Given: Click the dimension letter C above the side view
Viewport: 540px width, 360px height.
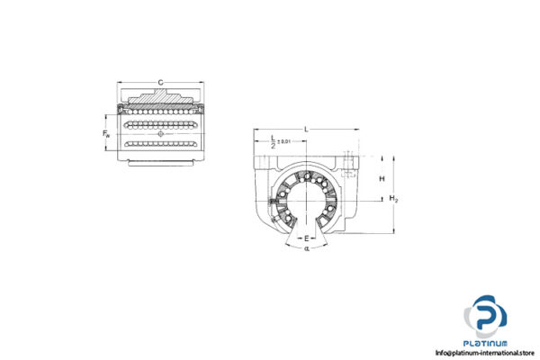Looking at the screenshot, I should pos(161,83).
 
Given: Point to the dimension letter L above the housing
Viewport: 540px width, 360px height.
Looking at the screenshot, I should pos(306,130).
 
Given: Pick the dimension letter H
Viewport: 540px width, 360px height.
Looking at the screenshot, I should pos(382,179).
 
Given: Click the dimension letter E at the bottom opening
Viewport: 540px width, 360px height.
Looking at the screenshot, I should pos(306,238).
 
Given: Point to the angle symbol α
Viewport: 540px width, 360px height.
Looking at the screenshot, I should pos(306,248).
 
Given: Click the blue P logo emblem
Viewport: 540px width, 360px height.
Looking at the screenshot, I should pos(486,319).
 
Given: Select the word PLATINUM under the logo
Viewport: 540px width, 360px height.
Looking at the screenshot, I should pos(486,343).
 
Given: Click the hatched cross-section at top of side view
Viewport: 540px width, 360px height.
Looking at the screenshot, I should pos(161,97).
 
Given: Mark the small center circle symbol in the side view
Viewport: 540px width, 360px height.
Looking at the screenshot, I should pos(161,133).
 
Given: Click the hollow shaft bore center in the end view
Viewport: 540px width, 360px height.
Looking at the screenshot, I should pos(306,196).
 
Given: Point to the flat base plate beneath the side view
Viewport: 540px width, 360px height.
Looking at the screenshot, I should pos(161,162).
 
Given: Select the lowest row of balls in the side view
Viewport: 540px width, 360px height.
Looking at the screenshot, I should pos(161,144).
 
